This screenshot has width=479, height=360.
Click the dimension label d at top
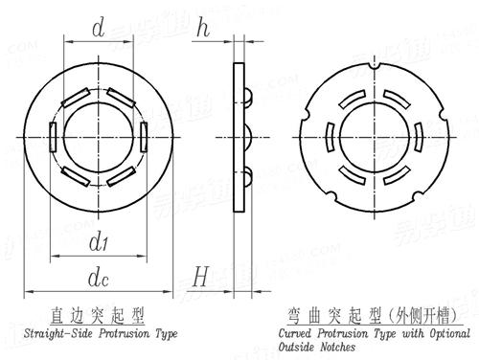point(98,30)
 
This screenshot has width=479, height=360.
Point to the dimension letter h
point(202,29)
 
